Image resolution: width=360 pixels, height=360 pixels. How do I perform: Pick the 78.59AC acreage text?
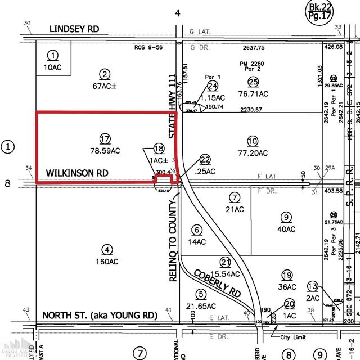click(x=105, y=150)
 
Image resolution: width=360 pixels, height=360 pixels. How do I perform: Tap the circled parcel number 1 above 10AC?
click(x=53, y=55)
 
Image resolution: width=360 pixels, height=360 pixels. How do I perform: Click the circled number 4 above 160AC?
click(x=106, y=250)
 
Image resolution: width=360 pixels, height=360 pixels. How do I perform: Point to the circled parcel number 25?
click(x=253, y=82)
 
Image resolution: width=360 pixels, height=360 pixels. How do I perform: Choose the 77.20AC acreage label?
click(x=253, y=151)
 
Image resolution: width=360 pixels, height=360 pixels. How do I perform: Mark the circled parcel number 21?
click(x=226, y=263)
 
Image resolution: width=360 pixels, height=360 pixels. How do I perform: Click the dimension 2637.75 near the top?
click(x=254, y=48)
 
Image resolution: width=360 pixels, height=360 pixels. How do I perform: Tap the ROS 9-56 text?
click(x=148, y=48)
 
